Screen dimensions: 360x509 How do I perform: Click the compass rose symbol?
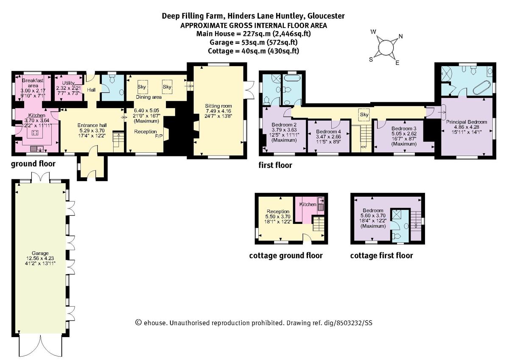[x=386, y=47]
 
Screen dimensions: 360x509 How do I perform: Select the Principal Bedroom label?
[x=467, y=122]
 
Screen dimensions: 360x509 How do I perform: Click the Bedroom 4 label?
[x=328, y=131]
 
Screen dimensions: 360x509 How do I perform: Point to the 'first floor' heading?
[x=275, y=165]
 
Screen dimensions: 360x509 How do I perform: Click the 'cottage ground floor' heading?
[x=285, y=256]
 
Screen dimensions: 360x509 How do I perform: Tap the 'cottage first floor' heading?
[x=381, y=256]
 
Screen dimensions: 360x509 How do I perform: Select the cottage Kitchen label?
[x=308, y=204]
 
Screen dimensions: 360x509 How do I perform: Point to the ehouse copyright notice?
[x=253, y=323]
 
